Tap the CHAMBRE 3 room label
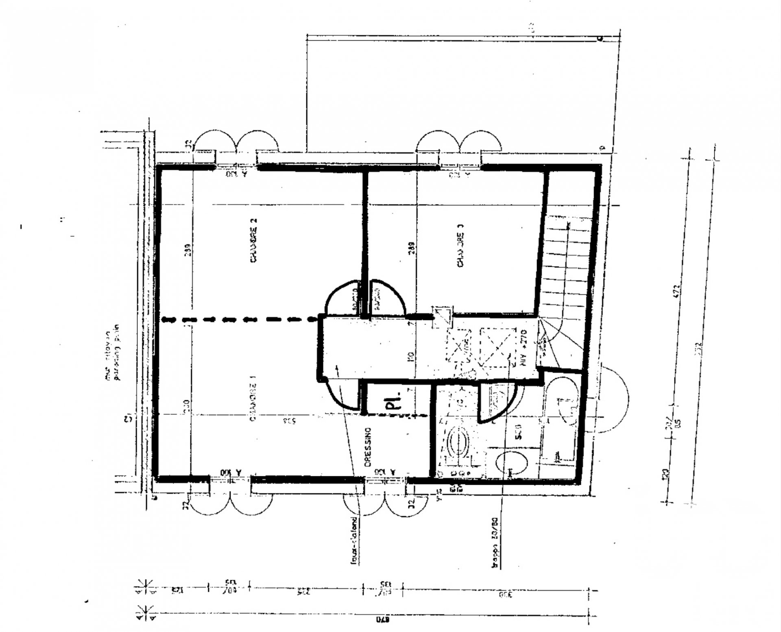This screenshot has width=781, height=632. pyautogui.click(x=460, y=246)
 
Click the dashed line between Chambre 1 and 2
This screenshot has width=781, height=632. pyautogui.click(x=240, y=320)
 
